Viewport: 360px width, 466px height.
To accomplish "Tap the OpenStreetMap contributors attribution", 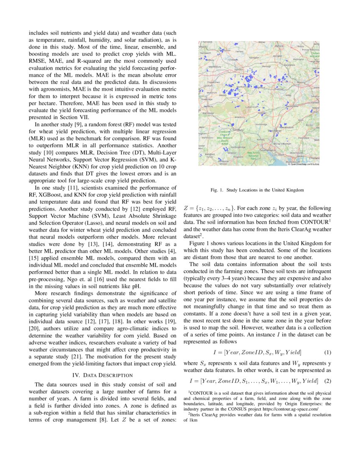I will pos(304,164).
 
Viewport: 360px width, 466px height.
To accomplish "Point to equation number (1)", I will pos(327,352).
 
